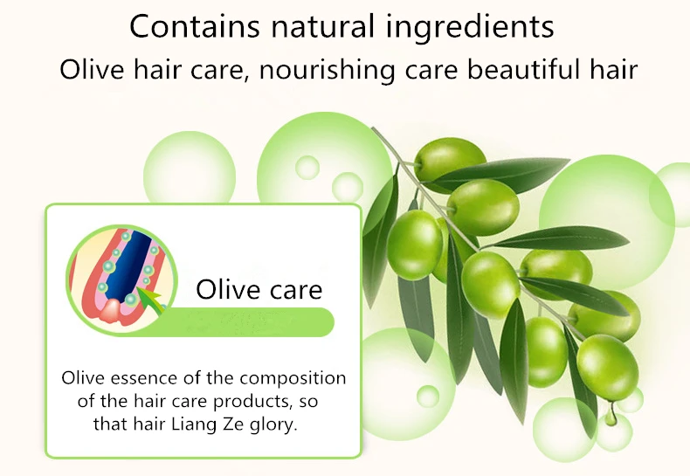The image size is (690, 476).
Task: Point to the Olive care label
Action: [x=259, y=289]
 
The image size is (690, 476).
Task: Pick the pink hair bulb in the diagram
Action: [x=112, y=311]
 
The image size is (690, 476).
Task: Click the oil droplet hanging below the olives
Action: [x=610, y=416]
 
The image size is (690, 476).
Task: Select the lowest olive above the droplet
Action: [x=607, y=368]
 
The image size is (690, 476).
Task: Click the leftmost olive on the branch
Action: [x=415, y=245]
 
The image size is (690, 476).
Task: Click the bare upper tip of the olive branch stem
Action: [x=374, y=128]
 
